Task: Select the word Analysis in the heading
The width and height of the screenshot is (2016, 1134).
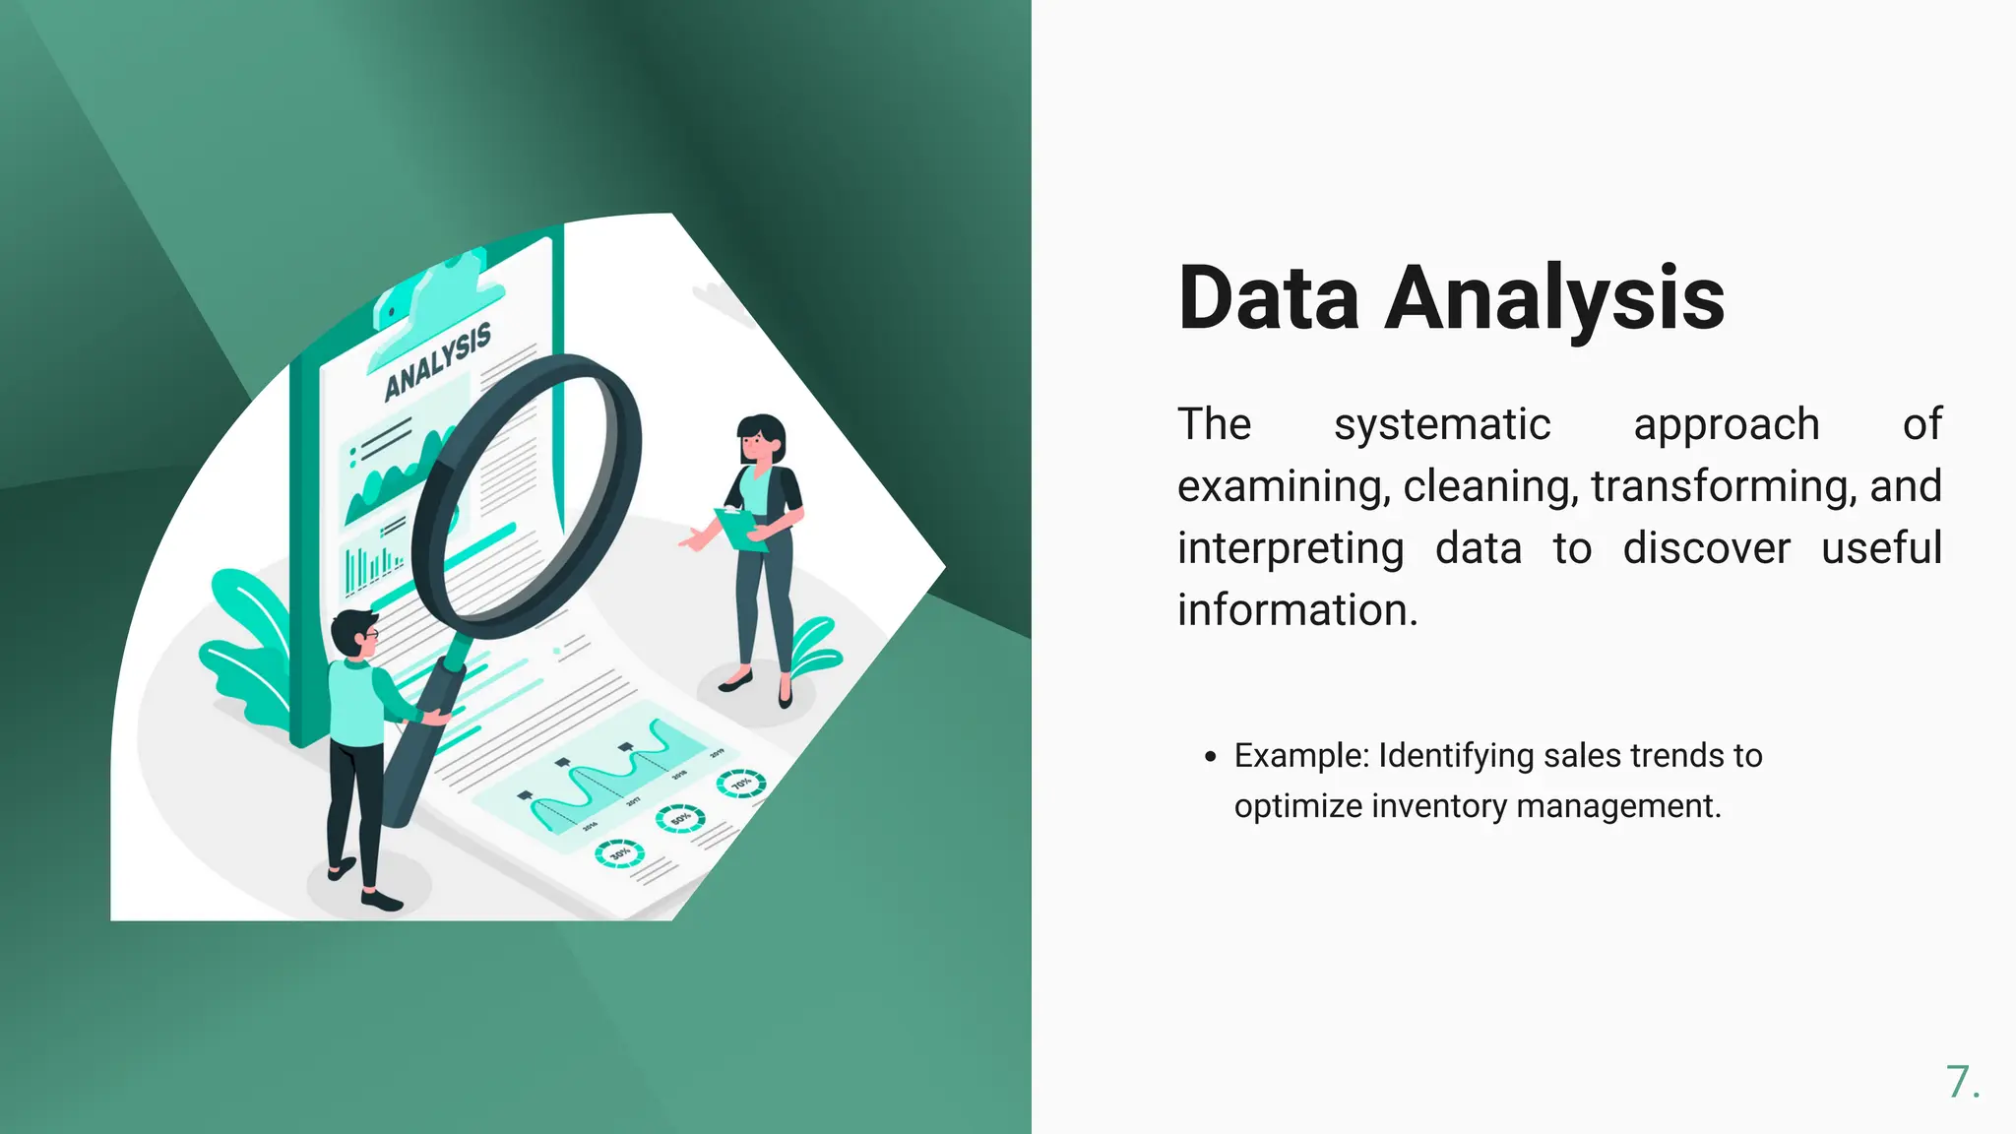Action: [x=1554, y=299]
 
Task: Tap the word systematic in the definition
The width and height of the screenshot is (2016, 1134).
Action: [x=1442, y=425]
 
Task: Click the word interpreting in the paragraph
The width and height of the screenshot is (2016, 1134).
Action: [x=1291, y=549]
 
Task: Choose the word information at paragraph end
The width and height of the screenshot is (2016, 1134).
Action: [x=1296, y=610]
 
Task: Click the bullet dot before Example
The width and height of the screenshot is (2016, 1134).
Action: [x=1210, y=757]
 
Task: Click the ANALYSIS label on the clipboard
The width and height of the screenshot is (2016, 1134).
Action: [x=437, y=361]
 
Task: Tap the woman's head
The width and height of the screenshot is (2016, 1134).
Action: [x=761, y=439]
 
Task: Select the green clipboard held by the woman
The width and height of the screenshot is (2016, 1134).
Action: [x=739, y=530]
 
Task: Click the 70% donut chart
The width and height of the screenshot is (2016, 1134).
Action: [x=740, y=783]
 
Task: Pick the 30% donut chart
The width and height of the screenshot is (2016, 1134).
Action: [x=619, y=853]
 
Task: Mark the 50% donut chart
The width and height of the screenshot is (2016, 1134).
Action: [x=681, y=818]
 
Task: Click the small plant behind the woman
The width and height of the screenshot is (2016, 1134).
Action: [x=817, y=646]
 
